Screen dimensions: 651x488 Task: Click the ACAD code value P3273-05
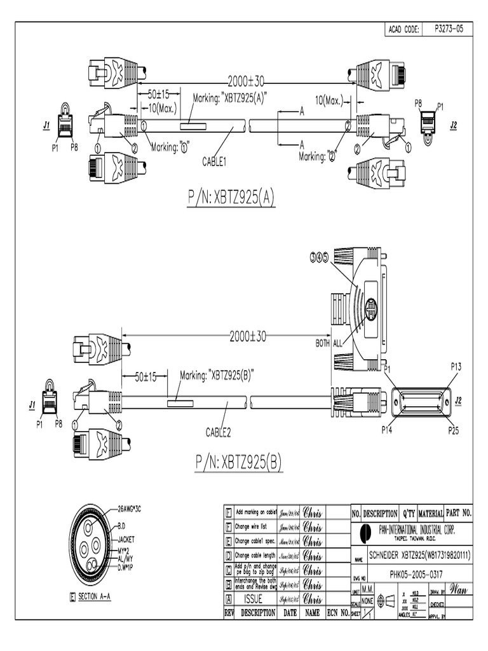click(449, 29)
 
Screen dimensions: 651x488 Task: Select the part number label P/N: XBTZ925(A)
click(231, 198)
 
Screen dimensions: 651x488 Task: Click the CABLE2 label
click(218, 433)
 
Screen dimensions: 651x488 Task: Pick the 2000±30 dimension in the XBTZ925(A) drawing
click(247, 81)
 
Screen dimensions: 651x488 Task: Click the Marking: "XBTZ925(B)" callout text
click(217, 375)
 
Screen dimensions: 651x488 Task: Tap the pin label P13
click(456, 366)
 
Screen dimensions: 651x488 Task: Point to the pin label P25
click(454, 430)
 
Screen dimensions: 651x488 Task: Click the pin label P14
click(387, 430)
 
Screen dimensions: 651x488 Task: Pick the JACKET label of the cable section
click(130, 538)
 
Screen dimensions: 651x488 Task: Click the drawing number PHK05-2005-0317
click(416, 573)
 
